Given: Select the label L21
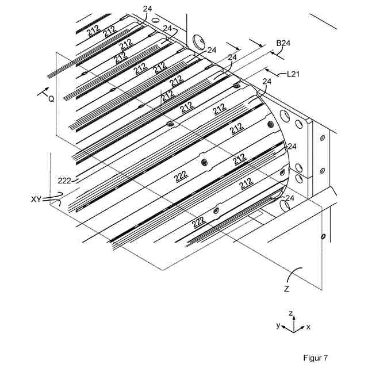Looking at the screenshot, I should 294,74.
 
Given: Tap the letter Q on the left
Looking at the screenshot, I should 51,98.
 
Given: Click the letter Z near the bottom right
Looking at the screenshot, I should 286,289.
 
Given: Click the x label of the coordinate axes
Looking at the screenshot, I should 308,327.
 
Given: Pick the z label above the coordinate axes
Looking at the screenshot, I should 292,313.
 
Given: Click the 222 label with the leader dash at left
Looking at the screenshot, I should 64,180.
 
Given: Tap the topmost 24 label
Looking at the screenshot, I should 147,9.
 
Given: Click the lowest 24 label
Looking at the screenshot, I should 290,197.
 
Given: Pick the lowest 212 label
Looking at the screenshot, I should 246,185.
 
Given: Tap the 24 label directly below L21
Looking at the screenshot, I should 266,82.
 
